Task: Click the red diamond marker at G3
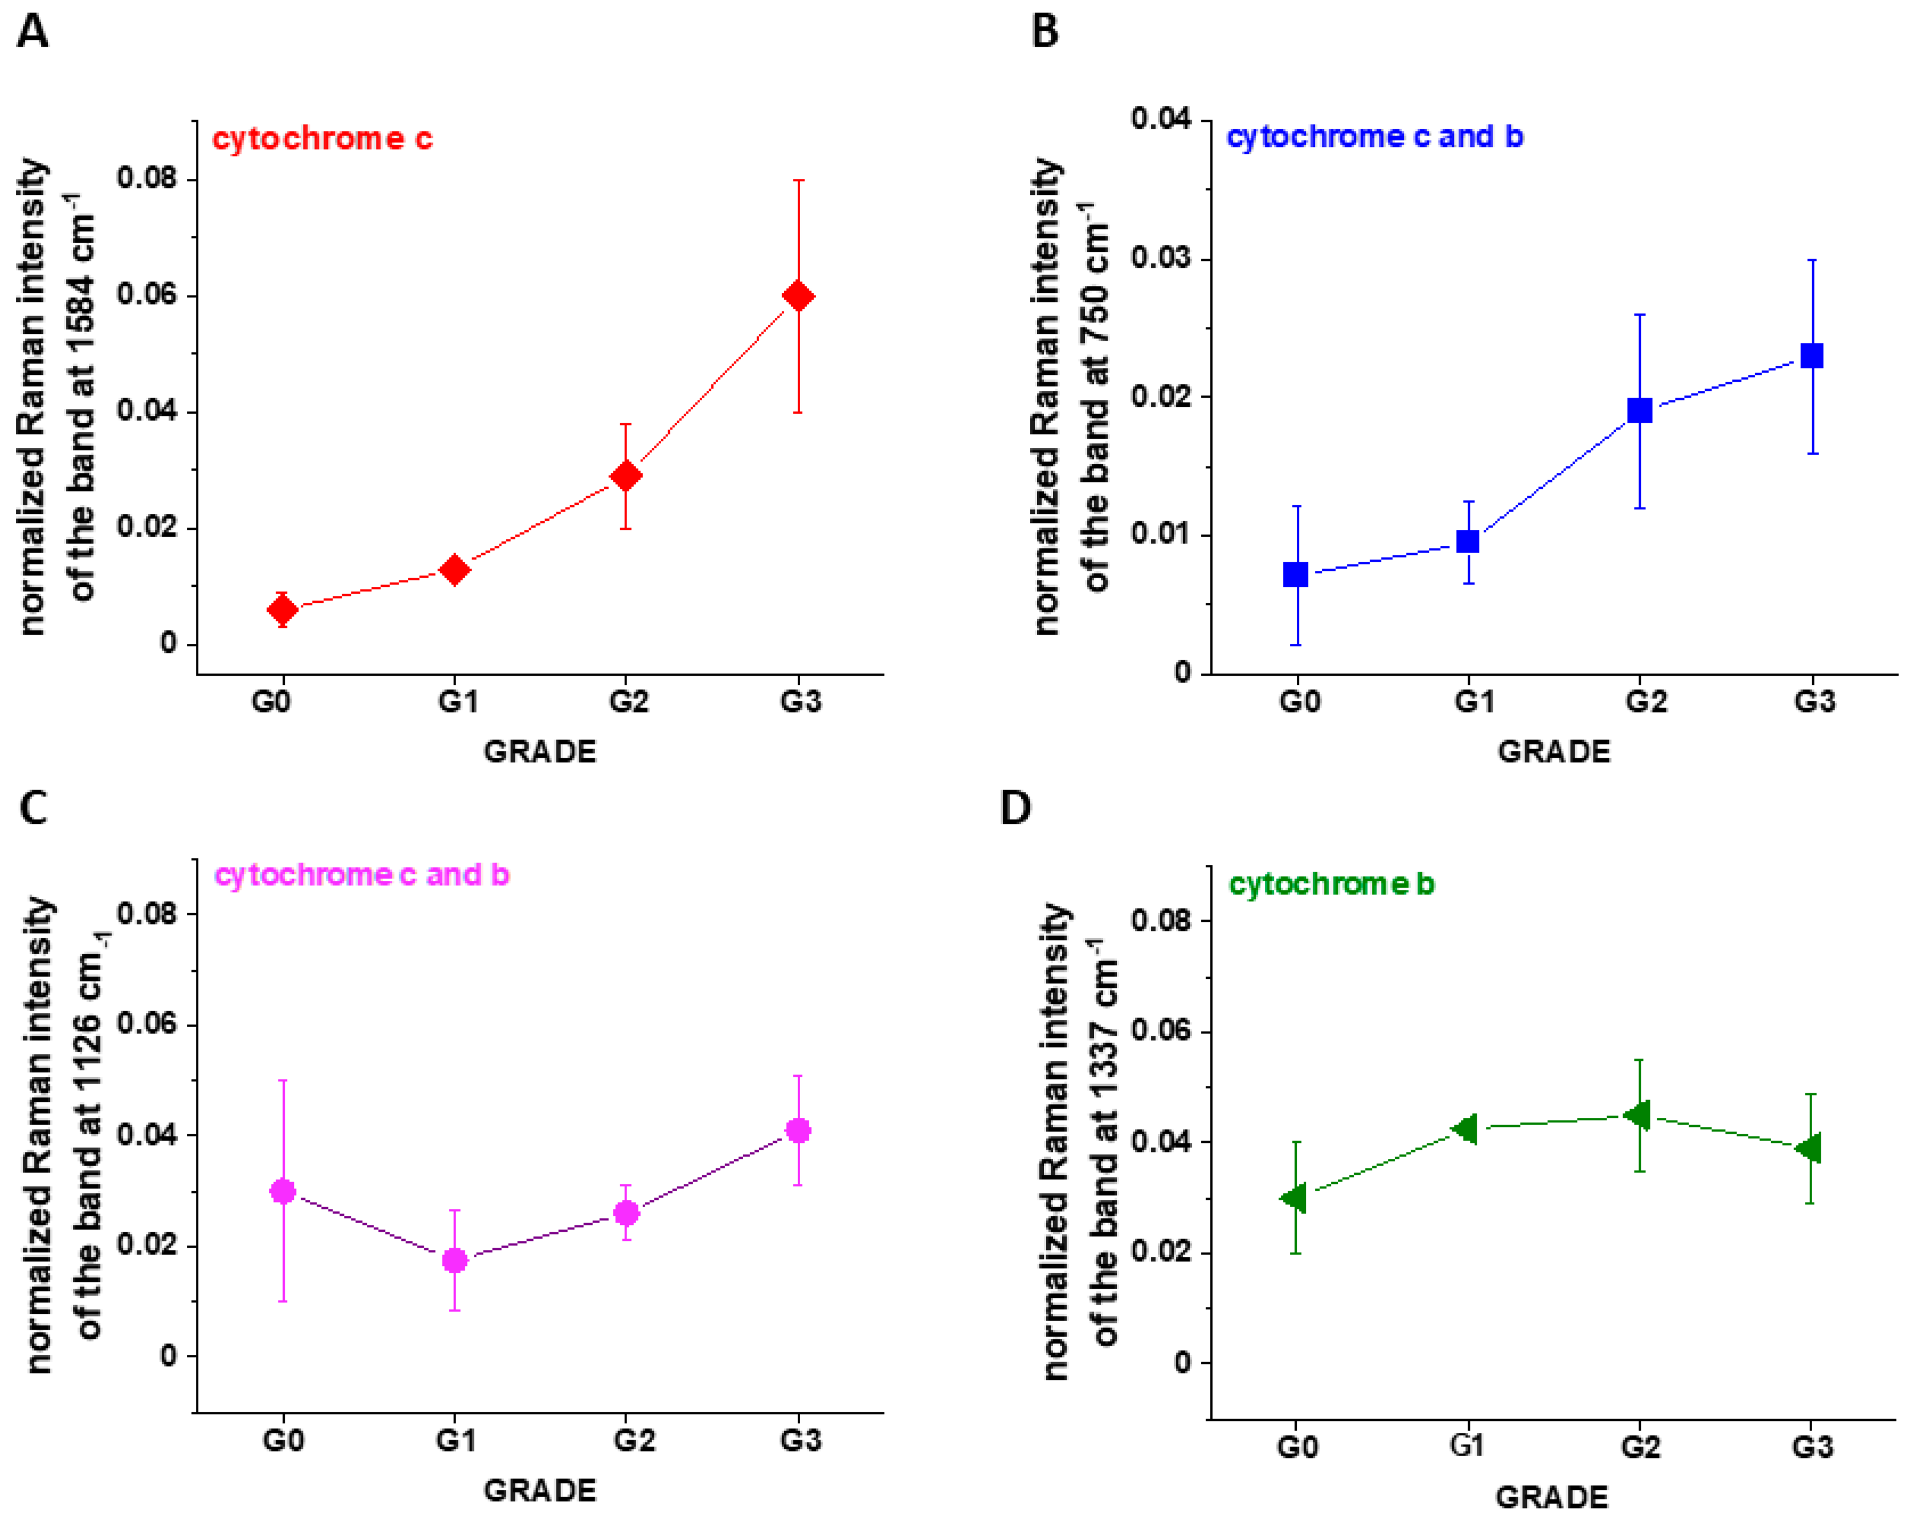[798, 297]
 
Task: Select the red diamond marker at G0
[282, 609]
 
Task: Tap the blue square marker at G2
[1640, 410]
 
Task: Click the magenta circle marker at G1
[454, 1260]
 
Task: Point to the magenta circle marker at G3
[798, 1131]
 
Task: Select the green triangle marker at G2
[1638, 1115]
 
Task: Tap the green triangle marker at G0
[1293, 1198]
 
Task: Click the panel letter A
[33, 32]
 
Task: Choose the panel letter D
[1015, 808]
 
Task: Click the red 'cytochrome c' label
[322, 139]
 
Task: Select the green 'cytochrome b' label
[1332, 884]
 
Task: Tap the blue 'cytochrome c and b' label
[1374, 137]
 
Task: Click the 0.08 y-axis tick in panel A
[146, 179]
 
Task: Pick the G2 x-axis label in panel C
[634, 1441]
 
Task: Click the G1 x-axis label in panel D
[1466, 1446]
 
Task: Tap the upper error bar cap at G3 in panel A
[798, 180]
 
